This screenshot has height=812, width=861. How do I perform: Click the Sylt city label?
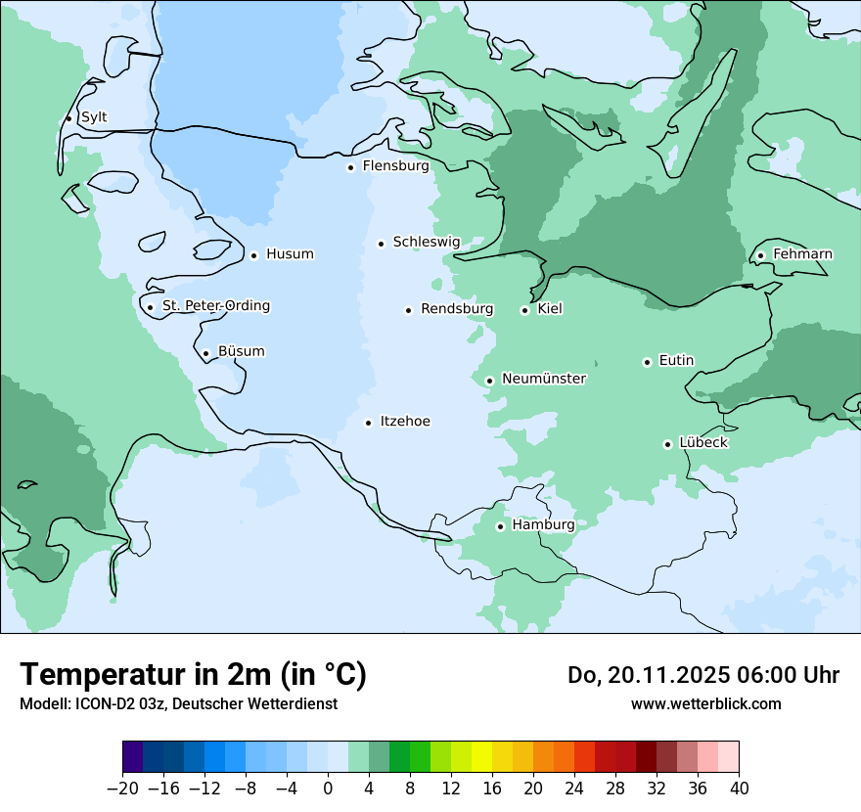[x=94, y=117]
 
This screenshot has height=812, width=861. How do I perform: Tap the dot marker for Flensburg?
[x=350, y=167]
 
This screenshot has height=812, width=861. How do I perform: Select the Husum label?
[x=290, y=254]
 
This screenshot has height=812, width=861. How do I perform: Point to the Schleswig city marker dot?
[x=381, y=244]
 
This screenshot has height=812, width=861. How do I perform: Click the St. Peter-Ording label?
[x=215, y=306]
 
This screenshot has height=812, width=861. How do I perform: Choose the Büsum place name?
[x=241, y=351]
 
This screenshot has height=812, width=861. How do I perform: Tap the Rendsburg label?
[x=457, y=309]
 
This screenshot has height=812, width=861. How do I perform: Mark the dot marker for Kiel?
[x=525, y=310]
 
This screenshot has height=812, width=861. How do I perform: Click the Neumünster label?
[x=544, y=379]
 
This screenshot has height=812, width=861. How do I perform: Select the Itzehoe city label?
[x=405, y=422]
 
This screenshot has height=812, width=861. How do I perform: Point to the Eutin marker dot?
[x=647, y=362]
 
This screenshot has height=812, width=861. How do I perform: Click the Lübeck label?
[x=703, y=443]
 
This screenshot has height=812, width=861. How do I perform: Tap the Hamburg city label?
[x=543, y=525]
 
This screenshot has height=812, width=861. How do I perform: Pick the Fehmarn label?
[x=802, y=254]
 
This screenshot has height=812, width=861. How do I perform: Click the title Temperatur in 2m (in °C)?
[x=193, y=674]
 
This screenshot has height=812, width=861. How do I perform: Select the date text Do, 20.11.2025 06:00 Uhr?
[x=702, y=675]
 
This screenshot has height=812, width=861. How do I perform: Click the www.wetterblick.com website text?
[x=705, y=703]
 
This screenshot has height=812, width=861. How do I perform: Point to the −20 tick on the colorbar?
[x=123, y=789]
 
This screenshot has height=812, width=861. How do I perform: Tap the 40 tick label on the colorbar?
[x=739, y=789]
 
